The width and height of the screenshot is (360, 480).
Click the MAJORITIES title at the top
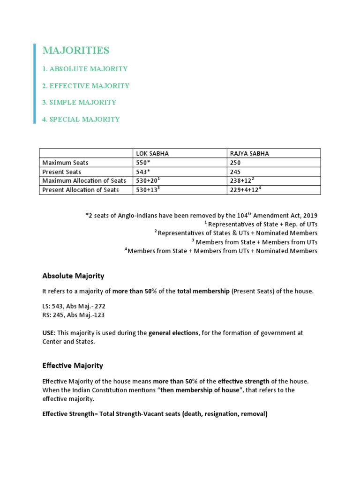pos(75,51)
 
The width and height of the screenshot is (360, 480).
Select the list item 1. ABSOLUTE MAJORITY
pos(84,69)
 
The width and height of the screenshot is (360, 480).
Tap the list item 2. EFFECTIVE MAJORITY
pos(85,86)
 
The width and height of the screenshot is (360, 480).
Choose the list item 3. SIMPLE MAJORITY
pos(79,102)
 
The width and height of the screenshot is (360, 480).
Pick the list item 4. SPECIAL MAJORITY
pos(81,119)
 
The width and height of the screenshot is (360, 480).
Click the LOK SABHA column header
pos(152,154)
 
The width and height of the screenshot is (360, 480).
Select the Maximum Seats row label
pos(65,163)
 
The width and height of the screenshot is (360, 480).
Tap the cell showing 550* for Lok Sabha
pos(144,163)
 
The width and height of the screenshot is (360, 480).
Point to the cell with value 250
pos(235,163)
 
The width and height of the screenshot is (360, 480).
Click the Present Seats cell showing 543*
pos(144,172)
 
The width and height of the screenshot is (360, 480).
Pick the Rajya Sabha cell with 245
pos(235,172)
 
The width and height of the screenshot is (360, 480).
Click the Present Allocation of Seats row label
pos(81,190)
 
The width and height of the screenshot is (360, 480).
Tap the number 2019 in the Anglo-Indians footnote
pos(310,216)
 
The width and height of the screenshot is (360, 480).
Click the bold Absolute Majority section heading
pos(73,276)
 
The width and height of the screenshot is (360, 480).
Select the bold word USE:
pos(49,333)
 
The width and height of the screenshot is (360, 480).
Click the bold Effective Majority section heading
pos(73,365)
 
